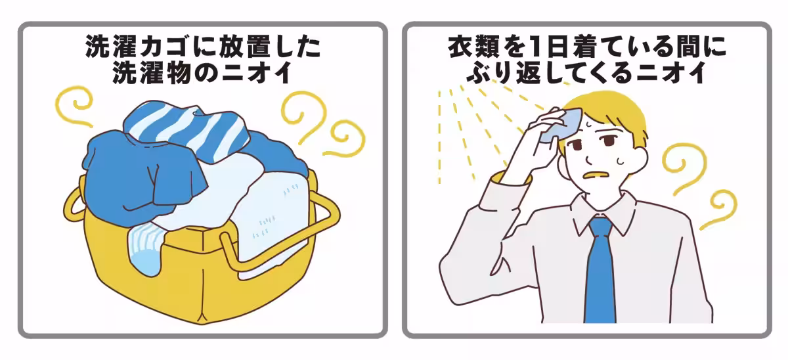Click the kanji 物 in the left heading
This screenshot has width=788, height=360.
pos(173,73)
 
